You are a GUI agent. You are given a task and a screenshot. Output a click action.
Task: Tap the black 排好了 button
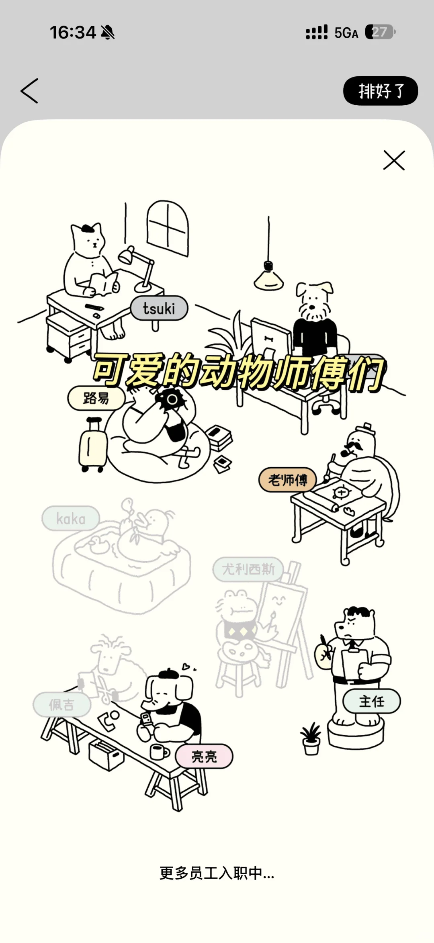(380, 91)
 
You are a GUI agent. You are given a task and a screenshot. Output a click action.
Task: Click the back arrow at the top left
(30, 91)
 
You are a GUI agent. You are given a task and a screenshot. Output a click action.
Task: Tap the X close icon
(394, 161)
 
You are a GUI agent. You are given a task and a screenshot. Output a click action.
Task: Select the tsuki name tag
(159, 309)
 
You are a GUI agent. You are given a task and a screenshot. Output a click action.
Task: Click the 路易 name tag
(96, 398)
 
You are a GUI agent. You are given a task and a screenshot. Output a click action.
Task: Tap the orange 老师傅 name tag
(287, 480)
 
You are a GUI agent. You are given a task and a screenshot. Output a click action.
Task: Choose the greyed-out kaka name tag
(71, 519)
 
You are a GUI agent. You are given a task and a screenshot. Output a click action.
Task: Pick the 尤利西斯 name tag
(248, 569)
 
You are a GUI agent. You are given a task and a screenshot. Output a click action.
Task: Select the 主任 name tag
(371, 702)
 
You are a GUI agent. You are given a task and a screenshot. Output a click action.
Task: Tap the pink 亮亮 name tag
(204, 757)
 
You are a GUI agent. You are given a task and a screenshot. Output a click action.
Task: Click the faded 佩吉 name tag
(61, 705)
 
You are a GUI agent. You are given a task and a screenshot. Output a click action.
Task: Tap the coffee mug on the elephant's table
(158, 752)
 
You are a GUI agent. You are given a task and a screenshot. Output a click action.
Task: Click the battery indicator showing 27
(380, 32)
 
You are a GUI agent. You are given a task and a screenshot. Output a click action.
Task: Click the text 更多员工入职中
(217, 873)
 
